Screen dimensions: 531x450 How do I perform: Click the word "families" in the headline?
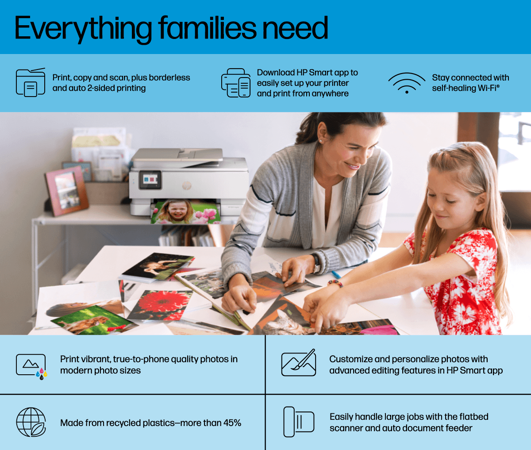pos(208,27)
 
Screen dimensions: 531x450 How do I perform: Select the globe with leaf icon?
pos(31,422)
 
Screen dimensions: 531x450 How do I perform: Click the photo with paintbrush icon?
pos(299,363)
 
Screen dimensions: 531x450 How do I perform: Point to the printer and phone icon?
pos(236,83)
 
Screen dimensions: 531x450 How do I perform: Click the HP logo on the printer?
pos(187,186)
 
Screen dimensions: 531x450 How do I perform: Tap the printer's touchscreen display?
pos(150,179)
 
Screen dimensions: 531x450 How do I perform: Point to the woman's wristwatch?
pos(316,263)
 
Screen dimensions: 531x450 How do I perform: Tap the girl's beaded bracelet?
pos(335,283)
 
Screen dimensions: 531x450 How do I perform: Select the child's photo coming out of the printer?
pos(186,212)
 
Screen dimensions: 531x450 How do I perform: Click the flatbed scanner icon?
pos(299,422)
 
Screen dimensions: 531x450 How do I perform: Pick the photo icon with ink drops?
pos(31,366)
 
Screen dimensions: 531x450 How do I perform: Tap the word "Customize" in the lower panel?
pos(350,359)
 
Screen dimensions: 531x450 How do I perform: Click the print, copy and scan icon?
pos(31,82)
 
